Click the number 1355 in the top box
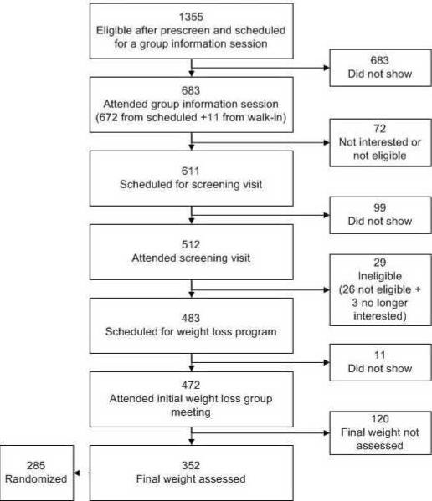(192, 17)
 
